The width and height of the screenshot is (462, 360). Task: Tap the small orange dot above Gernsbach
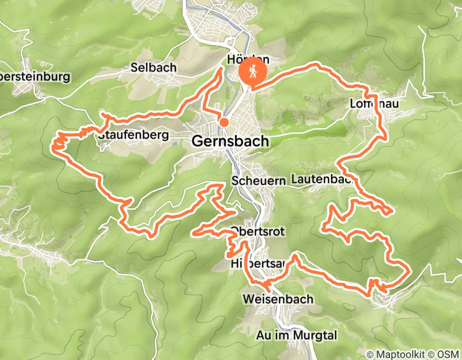click(224, 122)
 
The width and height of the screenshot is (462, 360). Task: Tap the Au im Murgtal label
click(296, 336)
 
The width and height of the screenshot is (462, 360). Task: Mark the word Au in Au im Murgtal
click(262, 336)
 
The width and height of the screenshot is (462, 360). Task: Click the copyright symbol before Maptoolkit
click(370, 354)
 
